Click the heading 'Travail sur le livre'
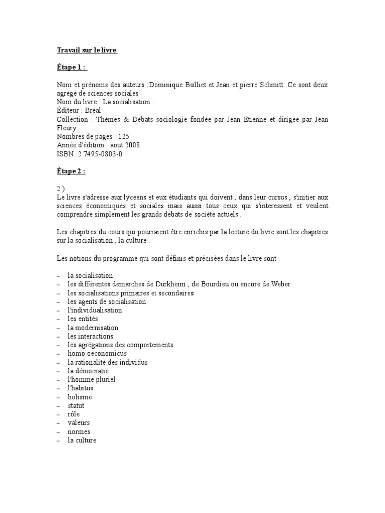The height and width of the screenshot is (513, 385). pos(86,51)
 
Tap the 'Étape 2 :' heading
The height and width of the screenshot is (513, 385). pos(71,171)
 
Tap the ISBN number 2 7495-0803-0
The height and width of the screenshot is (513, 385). pos(100,154)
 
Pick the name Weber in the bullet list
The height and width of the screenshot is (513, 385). pos(280,284)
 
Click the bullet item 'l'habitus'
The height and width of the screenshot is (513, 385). pos(81,388)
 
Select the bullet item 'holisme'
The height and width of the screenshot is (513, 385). pos(80,397)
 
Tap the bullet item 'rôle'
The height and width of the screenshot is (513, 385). pos(74,414)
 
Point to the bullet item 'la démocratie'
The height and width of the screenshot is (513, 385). pos(88,371)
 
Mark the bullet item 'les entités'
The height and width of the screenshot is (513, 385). pos(83,319)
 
